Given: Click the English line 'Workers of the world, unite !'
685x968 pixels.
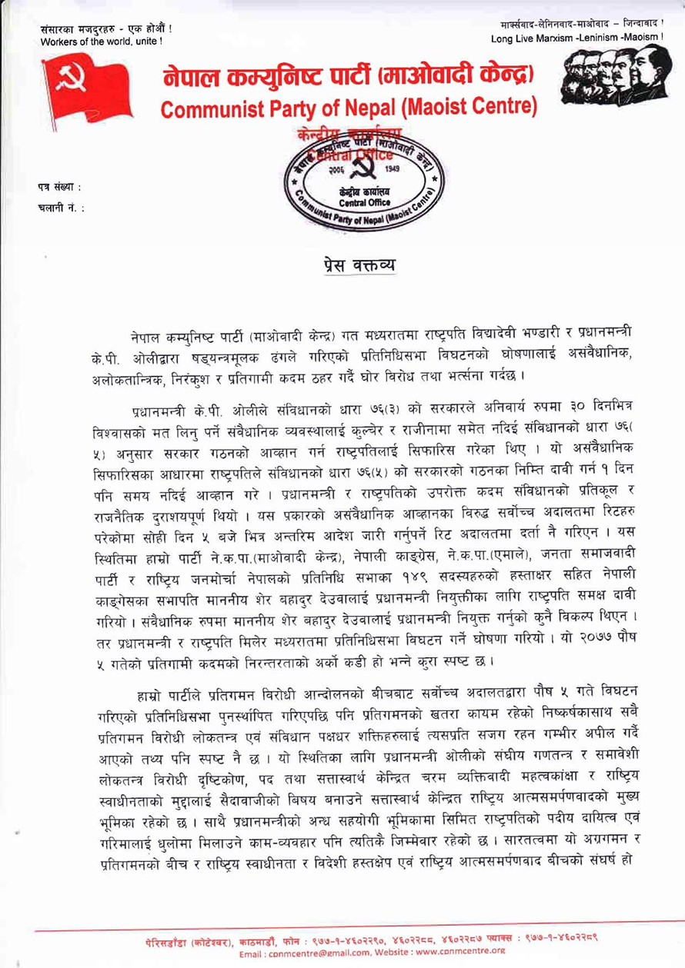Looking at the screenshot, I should [103, 42].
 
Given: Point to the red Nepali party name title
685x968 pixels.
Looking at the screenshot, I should [349, 77].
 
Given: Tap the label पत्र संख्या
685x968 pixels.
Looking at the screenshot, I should [59, 188].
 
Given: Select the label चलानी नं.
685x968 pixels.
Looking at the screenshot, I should [60, 206].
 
